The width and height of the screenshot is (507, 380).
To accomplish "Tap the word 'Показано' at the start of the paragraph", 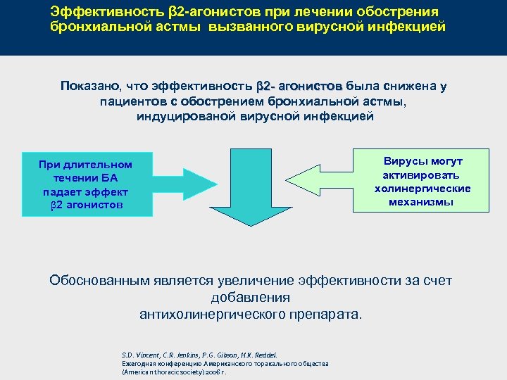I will coord(90,87).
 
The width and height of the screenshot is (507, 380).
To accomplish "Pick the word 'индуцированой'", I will coord(180,117).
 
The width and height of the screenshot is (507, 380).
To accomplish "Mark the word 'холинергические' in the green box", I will coord(422,189).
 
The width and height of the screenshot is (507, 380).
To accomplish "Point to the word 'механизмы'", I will coord(422,202).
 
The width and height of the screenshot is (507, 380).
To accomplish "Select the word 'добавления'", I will coord(251,298).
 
